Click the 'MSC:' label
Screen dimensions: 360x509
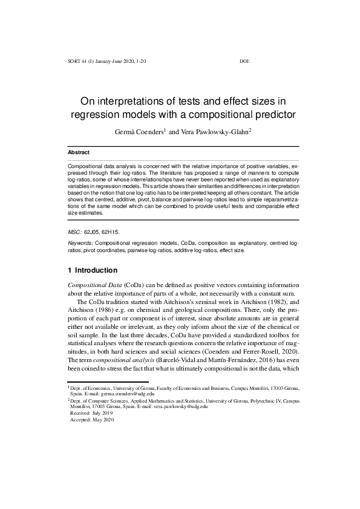click(74, 231)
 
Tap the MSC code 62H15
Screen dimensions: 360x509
click(111, 231)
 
